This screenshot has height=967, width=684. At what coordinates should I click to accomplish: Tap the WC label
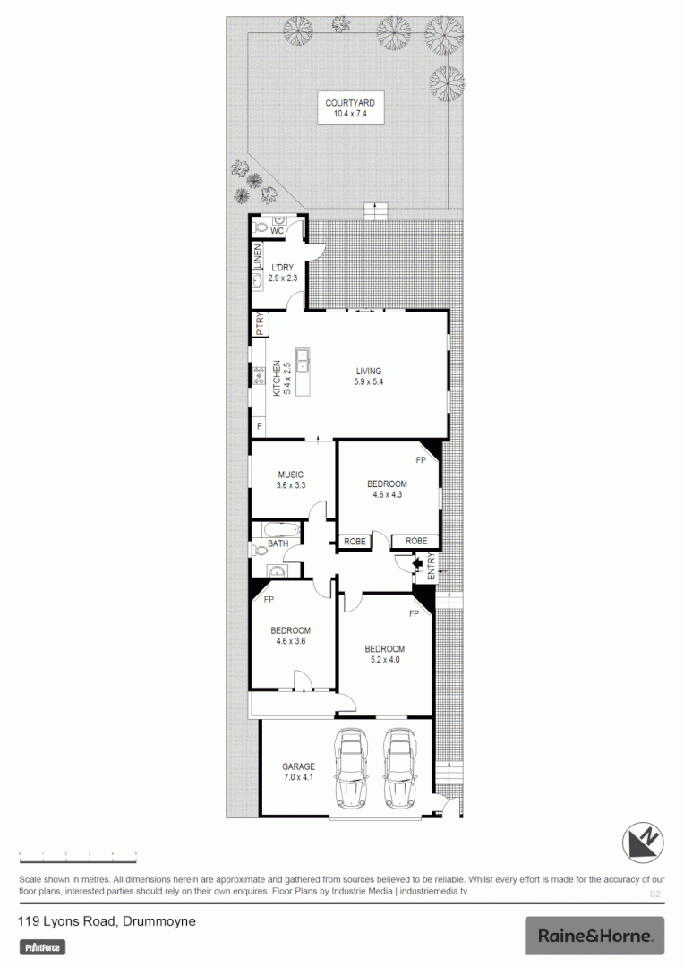277,232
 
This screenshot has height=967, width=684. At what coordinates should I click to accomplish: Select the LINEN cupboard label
256,256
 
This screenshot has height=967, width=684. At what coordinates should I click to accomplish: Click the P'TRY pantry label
259,324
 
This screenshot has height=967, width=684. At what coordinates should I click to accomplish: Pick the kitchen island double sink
303,361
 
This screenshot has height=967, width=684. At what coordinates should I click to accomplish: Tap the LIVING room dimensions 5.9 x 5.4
368,382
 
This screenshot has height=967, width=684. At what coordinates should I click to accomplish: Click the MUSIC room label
290,475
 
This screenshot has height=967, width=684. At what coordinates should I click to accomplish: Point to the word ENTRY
431,568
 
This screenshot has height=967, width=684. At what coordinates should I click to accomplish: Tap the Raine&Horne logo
594,936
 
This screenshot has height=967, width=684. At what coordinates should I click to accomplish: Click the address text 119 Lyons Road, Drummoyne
107,920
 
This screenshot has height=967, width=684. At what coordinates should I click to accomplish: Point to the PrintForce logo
44,947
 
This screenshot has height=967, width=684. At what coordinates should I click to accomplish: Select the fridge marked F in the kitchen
260,427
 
